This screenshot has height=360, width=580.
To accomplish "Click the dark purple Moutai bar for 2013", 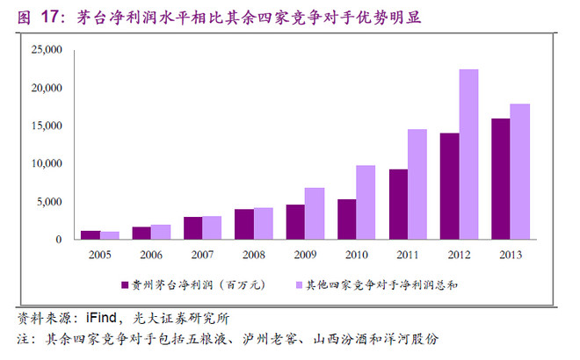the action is tap(501, 179).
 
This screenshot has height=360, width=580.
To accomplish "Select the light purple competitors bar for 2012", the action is tap(468, 155).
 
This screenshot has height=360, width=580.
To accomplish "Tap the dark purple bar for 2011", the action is tap(398, 205).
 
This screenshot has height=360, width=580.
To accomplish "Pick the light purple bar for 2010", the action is tap(366, 203).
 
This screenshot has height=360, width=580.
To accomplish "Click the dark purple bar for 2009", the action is tap(295, 222).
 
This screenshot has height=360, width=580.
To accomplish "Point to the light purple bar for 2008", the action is tap(264, 224).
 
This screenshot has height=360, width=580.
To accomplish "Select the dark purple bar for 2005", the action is tap(91, 235).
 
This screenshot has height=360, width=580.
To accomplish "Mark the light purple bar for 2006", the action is tap(161, 232).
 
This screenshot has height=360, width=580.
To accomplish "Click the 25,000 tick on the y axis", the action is tap(47, 49).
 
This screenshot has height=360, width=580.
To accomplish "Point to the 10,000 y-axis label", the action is tap(47, 163).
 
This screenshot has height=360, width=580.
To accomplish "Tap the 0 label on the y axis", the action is tap(59, 240).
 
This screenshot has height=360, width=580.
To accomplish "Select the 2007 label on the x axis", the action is tap(202, 255).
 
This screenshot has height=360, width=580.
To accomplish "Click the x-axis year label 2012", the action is tap(459, 255).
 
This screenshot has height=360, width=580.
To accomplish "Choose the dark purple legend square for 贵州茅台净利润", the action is tap(125, 285).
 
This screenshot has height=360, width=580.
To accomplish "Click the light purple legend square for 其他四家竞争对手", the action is tap(300, 285).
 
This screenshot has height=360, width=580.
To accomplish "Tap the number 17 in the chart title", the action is tap(49, 17).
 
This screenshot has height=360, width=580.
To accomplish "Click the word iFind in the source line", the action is tap(101, 318).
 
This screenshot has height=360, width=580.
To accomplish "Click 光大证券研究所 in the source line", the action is tap(181, 318).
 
